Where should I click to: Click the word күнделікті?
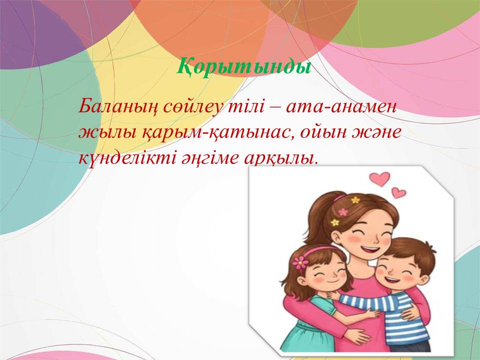point(126,159)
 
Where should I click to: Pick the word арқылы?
point(280,159)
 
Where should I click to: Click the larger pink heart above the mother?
point(379,179)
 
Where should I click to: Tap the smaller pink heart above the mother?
point(398,192)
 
